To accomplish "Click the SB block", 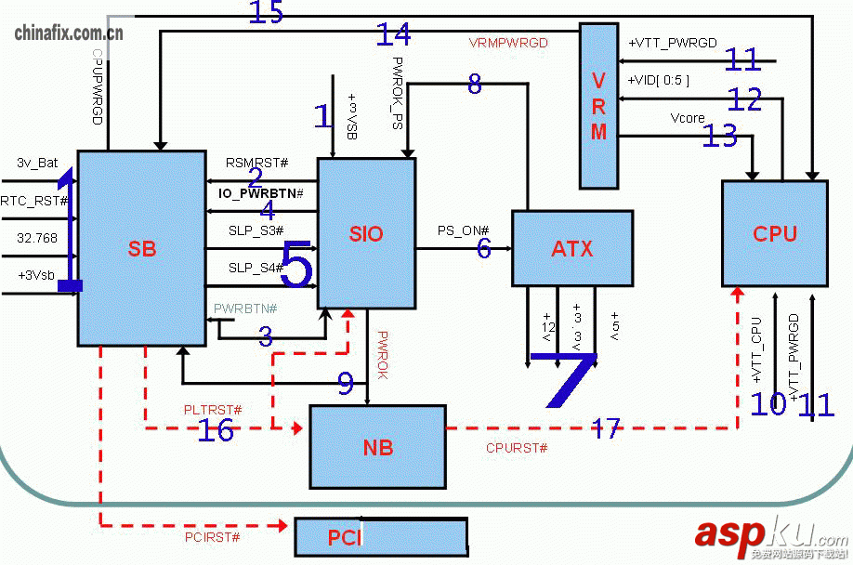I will [x=141, y=248].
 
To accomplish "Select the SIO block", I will [x=366, y=233].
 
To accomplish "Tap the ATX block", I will [x=571, y=248].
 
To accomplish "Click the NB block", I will [x=377, y=447].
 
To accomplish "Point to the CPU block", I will [x=774, y=233].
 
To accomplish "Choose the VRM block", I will [x=598, y=106].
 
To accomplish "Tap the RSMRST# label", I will [x=256, y=164].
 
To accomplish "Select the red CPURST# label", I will [x=517, y=448].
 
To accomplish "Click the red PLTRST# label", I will [x=213, y=410].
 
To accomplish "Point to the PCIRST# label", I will [x=212, y=537].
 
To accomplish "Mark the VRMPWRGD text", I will [x=508, y=43].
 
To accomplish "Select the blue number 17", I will [x=606, y=428].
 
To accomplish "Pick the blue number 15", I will [x=266, y=13].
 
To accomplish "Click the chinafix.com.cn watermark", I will [x=69, y=33].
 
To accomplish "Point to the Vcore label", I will [x=688, y=118].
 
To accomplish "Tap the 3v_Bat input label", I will [x=37, y=163].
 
